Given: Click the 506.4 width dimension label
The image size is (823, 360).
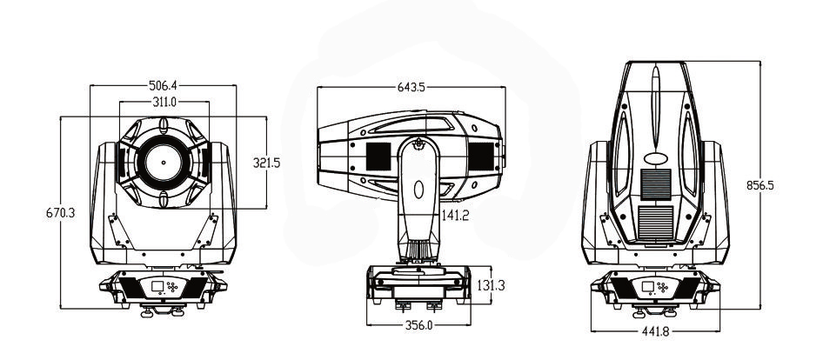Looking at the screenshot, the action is pos(164,85).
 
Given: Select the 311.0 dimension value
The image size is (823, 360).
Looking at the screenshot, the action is pos(164,102).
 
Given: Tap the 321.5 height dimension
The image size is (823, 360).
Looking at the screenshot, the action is pos(266,163).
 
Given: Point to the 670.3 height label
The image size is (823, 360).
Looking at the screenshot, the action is pos(60,213).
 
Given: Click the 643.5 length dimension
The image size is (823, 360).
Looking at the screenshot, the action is pos(411,87).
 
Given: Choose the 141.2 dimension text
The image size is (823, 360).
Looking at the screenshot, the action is pos(455,215).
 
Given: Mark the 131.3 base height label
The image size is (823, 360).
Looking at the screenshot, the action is pos(492,285).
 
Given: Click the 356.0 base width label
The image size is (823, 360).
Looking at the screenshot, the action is pos(418,325).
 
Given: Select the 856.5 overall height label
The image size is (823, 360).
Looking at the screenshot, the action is pos(760,185).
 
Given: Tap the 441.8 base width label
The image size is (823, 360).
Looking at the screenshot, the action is pos(656,331).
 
